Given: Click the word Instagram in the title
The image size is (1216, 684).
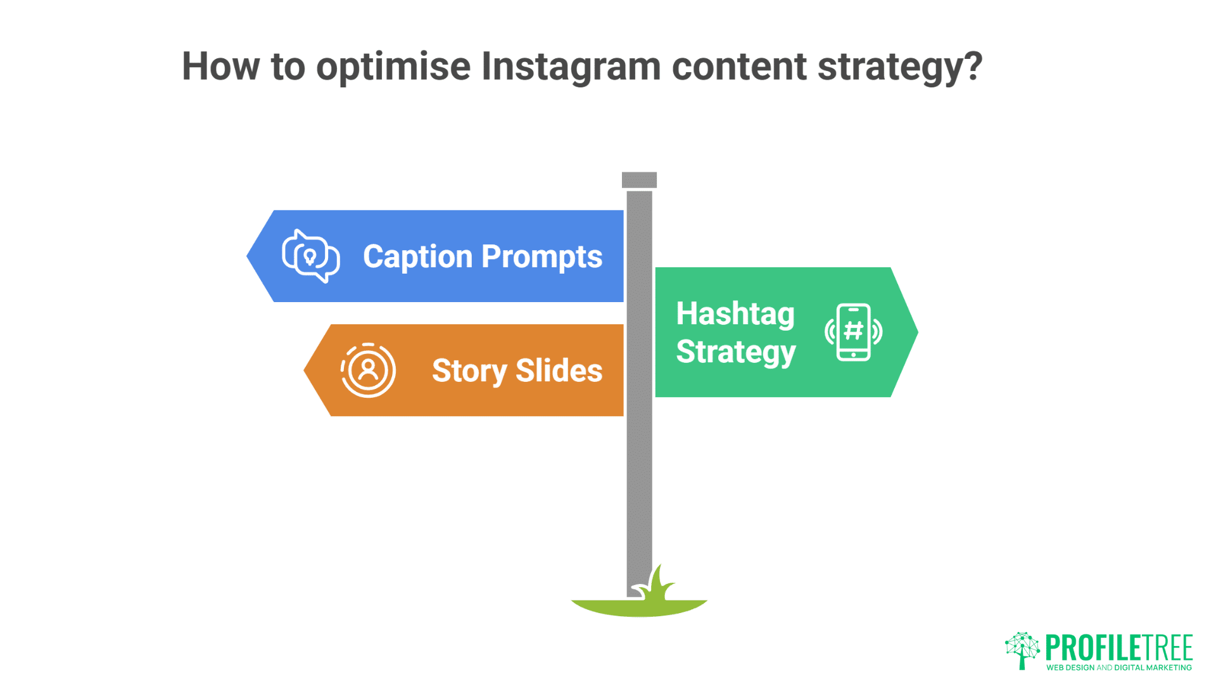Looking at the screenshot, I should [x=571, y=66].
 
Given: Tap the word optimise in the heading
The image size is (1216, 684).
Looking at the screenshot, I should [x=393, y=66].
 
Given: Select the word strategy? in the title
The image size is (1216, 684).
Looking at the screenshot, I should [x=899, y=66].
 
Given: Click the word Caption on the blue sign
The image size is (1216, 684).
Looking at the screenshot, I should [x=417, y=256].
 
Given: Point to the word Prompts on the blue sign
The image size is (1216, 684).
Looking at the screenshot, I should [x=541, y=256].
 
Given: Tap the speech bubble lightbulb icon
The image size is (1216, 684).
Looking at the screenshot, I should [x=310, y=256].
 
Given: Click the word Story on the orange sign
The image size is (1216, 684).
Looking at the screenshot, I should [x=469, y=370].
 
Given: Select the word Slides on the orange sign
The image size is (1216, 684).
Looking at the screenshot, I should [x=559, y=370].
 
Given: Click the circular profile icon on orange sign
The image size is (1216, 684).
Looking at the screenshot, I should [x=368, y=370].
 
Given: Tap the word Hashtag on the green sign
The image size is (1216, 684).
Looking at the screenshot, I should [x=735, y=313].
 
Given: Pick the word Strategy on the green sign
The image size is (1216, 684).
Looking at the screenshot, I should [x=735, y=351].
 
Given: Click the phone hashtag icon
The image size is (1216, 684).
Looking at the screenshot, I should [x=853, y=332].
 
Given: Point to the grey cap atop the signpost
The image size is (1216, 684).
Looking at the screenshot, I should [x=639, y=180].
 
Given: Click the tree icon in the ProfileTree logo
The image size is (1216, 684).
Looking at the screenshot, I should [x=1022, y=650].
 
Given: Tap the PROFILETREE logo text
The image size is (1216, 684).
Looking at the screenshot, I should [x=1118, y=647].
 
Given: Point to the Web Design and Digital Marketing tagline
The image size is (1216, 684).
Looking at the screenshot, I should [x=1118, y=668].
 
